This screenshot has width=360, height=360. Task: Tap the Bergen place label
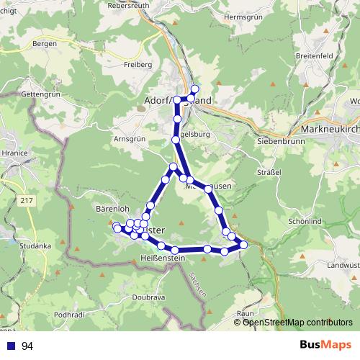click(45, 43)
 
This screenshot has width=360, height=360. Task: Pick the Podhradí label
click(72, 315)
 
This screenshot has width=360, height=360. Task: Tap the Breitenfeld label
click(315, 55)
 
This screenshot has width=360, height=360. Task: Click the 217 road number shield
click(27, 199)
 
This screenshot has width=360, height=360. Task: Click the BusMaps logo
click(326, 346)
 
